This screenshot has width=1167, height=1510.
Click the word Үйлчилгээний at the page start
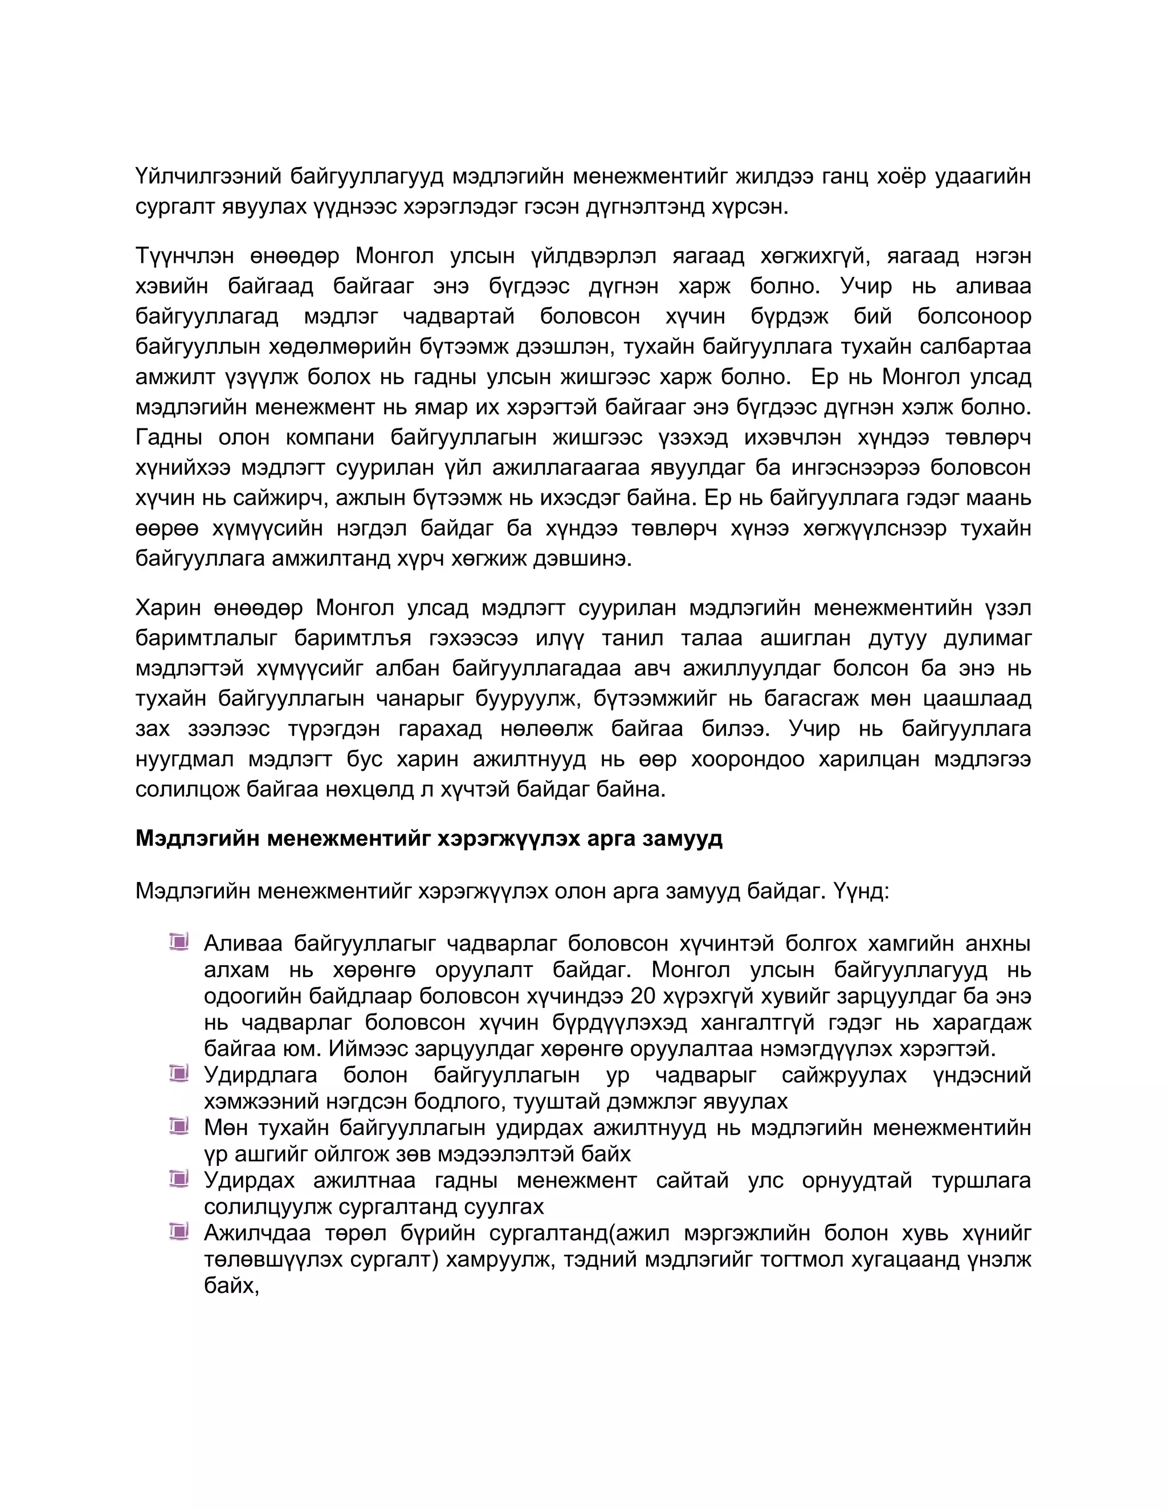[x=208, y=177]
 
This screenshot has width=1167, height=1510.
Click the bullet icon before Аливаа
[x=179, y=942]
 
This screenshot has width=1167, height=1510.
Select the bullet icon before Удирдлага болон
[x=179, y=1073]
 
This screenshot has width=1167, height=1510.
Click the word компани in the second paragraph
[x=330, y=438]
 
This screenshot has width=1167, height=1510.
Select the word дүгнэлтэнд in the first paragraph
[x=645, y=207]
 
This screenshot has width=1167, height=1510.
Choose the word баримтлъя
[x=353, y=638]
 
